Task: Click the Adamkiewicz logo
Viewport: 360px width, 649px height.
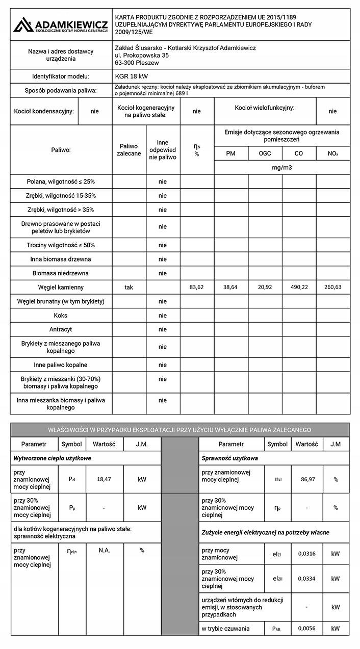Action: [61, 24]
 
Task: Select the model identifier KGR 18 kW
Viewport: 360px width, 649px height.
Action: [132, 76]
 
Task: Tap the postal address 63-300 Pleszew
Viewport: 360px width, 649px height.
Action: [137, 63]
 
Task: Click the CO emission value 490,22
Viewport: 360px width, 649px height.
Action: [299, 287]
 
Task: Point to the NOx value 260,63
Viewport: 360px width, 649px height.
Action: [333, 287]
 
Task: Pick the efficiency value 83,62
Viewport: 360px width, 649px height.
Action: [196, 287]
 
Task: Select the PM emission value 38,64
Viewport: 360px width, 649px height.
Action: [230, 287]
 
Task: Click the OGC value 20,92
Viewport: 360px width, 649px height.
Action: [265, 287]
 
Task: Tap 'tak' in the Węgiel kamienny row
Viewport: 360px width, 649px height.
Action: [129, 287]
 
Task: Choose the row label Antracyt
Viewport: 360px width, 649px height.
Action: [61, 329]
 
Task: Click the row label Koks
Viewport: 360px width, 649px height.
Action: [61, 316]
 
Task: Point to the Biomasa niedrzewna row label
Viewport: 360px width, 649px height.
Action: [61, 273]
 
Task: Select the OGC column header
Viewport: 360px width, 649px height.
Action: [265, 153]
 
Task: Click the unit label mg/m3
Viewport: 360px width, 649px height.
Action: [282, 167]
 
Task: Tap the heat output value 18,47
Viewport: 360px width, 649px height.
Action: [104, 479]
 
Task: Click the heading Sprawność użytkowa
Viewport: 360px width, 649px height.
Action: [230, 458]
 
